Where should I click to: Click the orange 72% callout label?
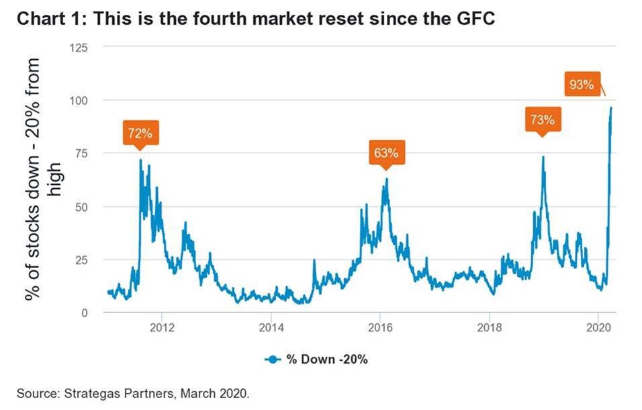pyautogui.click(x=140, y=132)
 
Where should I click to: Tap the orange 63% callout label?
pyautogui.click(x=386, y=153)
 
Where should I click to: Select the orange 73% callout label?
pyautogui.click(x=542, y=120)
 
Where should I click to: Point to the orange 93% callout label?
pyautogui.click(x=581, y=85)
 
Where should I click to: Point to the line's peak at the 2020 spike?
pyautogui.click(x=611, y=108)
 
